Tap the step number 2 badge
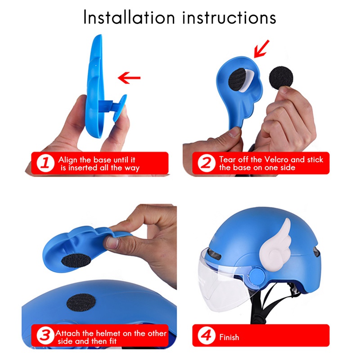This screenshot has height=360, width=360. click(206, 163)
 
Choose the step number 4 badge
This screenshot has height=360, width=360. click(206, 337)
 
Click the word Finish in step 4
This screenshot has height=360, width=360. click(229, 337)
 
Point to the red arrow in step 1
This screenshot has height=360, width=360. click(130, 79)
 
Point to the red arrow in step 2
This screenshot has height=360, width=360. click(262, 49)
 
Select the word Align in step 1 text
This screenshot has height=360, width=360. click(67, 160)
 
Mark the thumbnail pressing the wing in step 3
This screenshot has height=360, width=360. click(112, 242)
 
